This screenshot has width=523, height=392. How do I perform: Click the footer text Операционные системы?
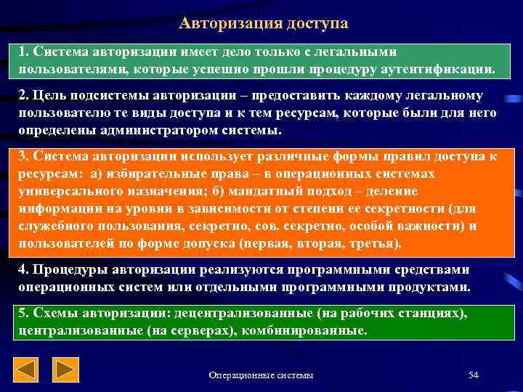coord(261,375)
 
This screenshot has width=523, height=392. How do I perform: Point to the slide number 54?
coord(474,375)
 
